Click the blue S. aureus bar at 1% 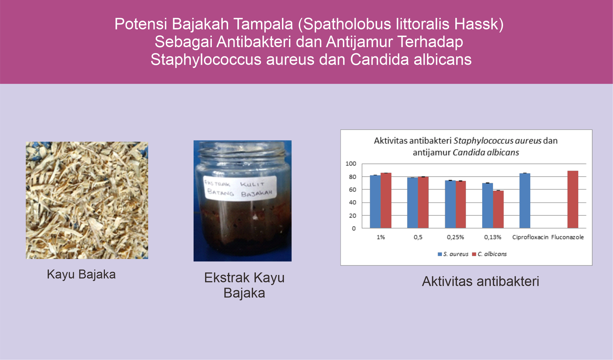pos(375,201)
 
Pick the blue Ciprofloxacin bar pos(525,201)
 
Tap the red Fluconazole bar pos(573,199)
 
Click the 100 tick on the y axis pos(351,164)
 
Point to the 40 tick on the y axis pos(352,202)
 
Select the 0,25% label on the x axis pos(455,237)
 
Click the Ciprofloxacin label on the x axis pos(530,237)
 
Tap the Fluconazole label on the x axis pos(567,237)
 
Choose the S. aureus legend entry pos(453,254)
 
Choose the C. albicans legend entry pos(490,254)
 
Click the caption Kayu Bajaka pos(81,274)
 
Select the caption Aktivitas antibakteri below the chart pos(481,281)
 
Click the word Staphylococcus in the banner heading pos(206,60)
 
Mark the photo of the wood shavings pos(87,200)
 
